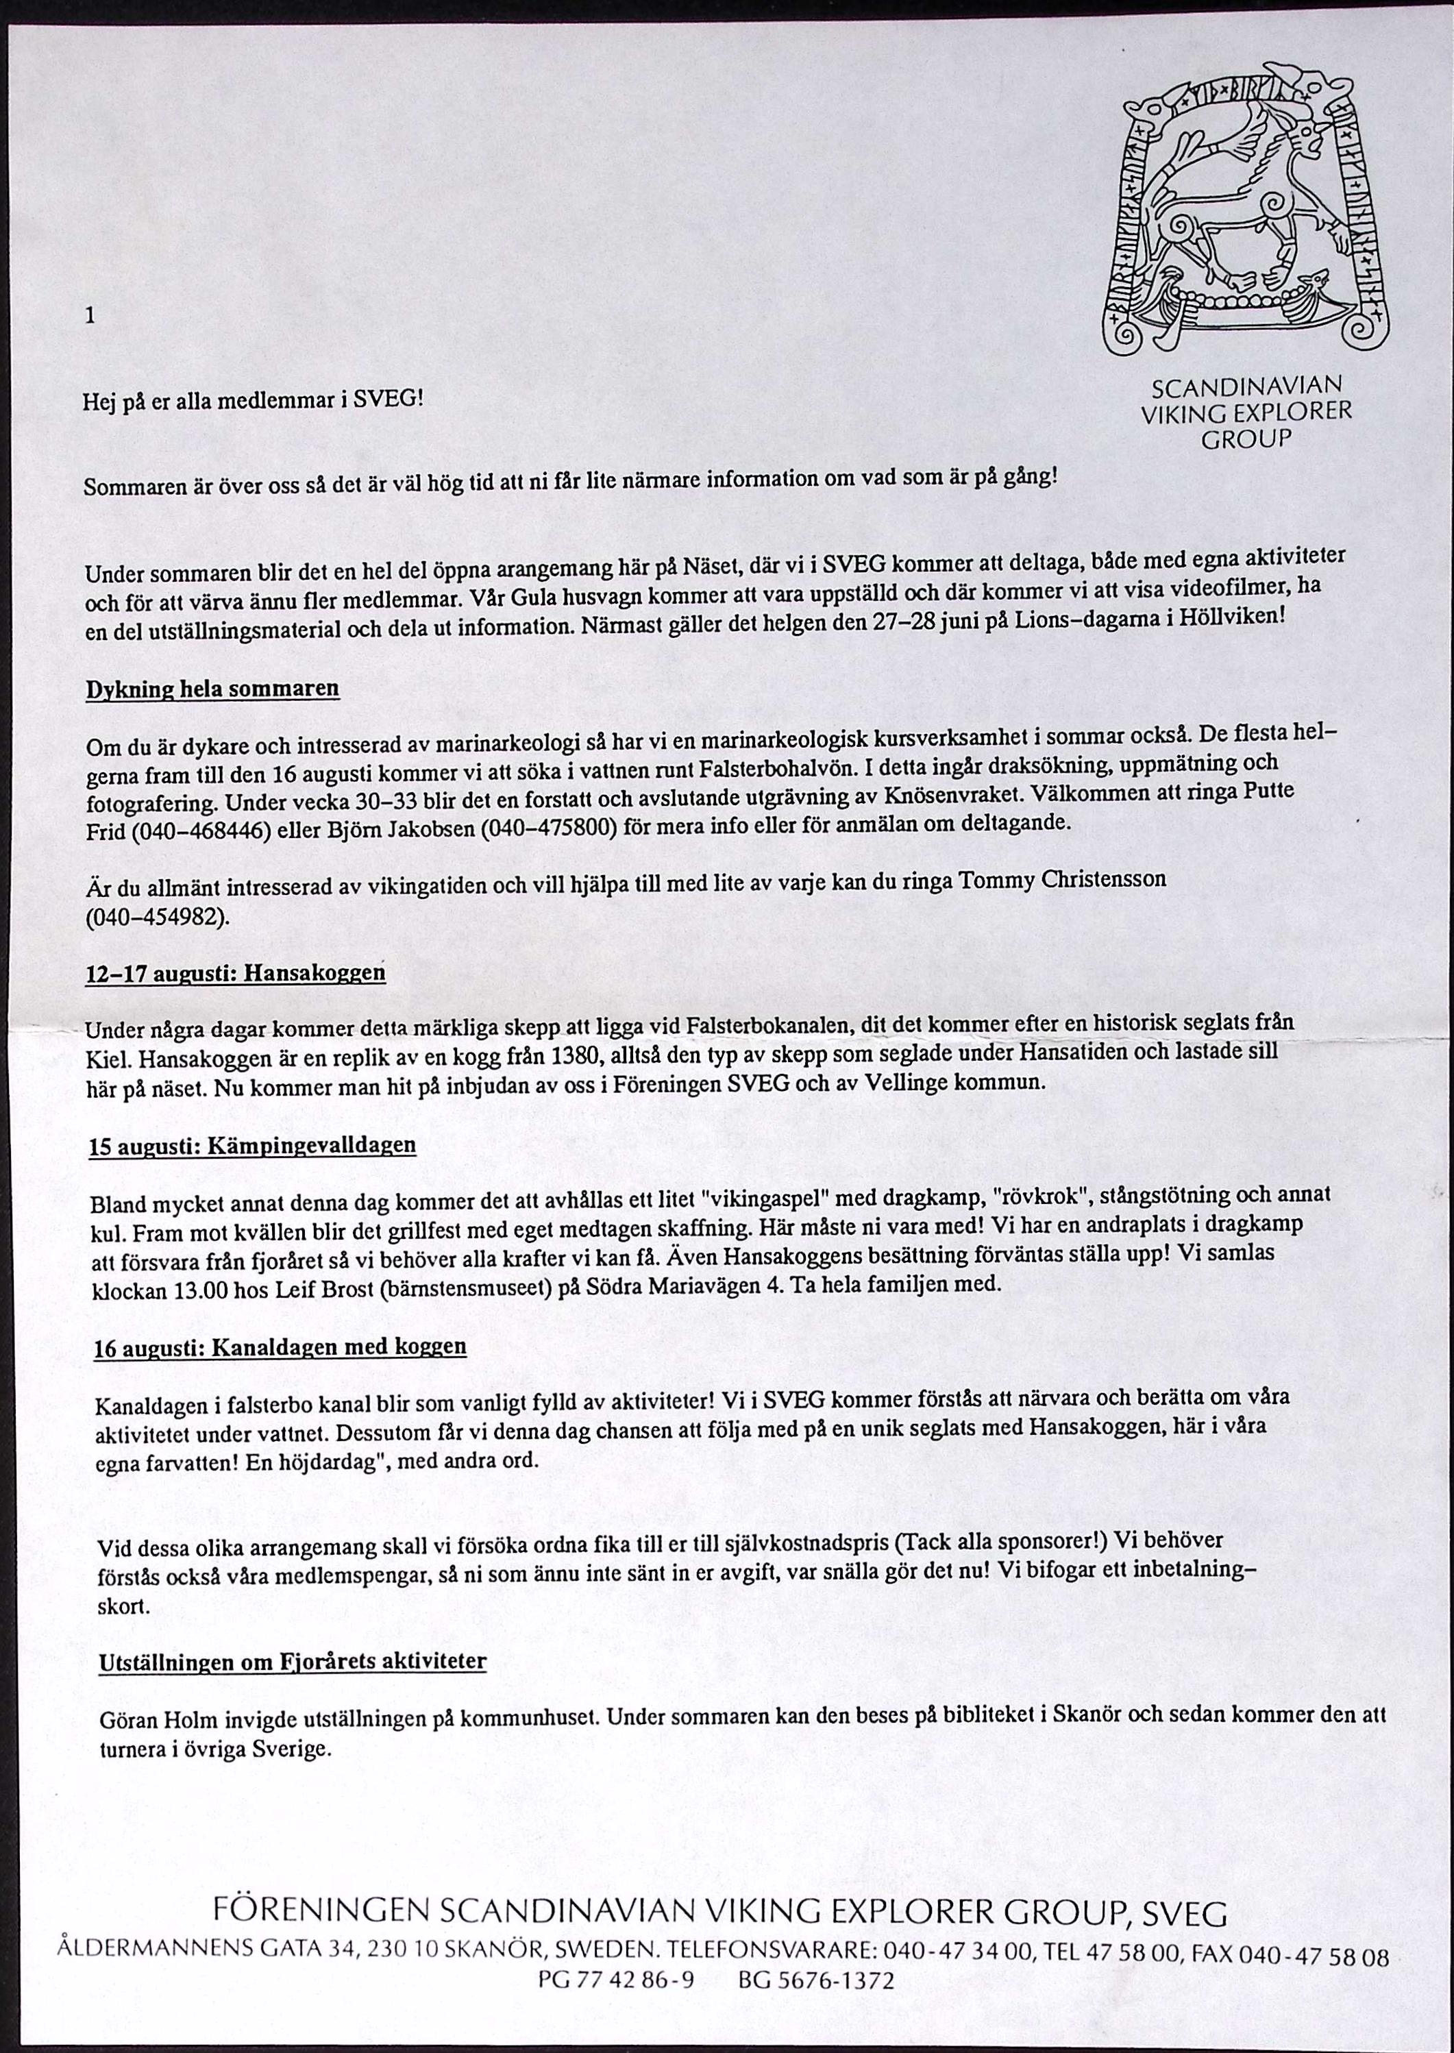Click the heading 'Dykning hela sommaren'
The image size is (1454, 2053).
(212, 689)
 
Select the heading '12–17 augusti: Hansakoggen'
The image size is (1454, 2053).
(236, 973)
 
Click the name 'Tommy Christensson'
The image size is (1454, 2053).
(1063, 880)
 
